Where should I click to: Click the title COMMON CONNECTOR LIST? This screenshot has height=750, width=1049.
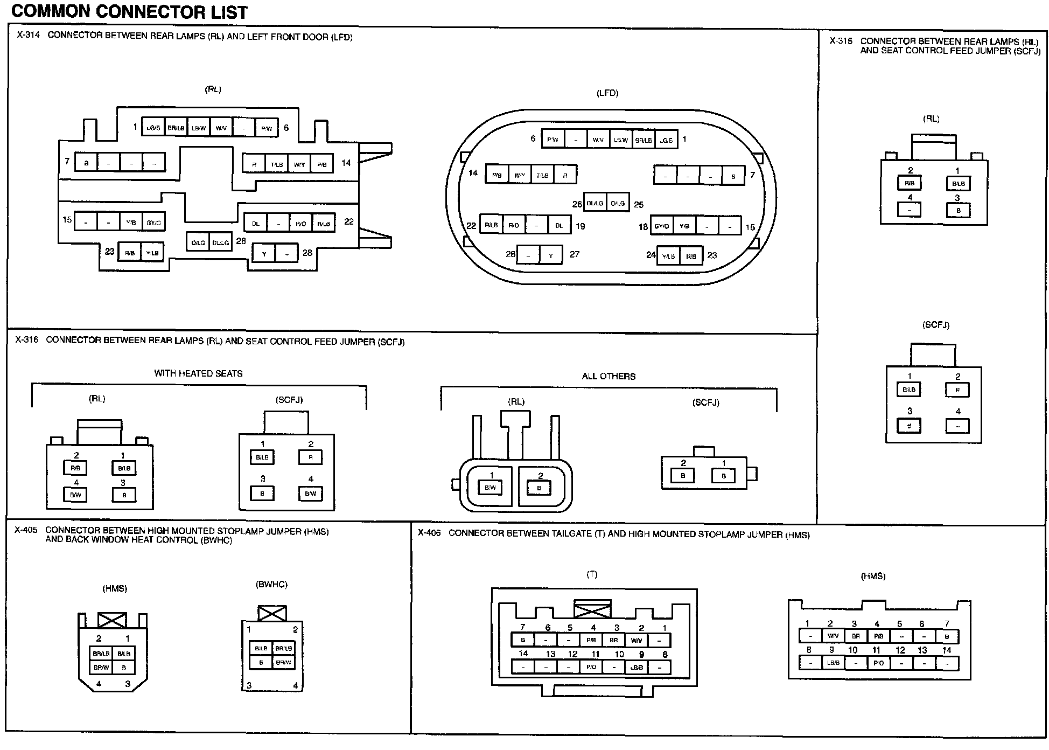coord(129,12)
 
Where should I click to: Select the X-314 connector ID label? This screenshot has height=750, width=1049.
coord(27,36)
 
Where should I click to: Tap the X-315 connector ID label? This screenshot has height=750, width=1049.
coord(841,41)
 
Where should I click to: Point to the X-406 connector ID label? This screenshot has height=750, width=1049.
coord(429,533)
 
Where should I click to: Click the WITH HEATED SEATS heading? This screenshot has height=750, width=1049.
coord(198,373)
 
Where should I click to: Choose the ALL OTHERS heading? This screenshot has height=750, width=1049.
coord(609,377)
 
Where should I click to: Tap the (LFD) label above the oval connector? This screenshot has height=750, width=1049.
coord(607,93)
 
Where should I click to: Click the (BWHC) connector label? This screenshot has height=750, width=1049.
coord(271,585)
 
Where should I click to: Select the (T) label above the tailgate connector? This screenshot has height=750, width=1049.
coord(592,574)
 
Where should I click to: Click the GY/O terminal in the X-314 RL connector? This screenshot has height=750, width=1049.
coord(153,222)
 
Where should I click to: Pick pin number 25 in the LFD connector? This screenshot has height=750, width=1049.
coord(639,205)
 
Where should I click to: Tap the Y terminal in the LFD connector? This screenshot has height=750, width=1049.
coord(551,256)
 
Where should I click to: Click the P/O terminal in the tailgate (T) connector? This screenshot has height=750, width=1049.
coord(591,667)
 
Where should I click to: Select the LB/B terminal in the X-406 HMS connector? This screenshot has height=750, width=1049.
coord(833,663)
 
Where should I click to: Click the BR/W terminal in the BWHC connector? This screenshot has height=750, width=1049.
coord(283,662)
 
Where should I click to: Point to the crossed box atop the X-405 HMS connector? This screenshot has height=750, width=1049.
coord(113,620)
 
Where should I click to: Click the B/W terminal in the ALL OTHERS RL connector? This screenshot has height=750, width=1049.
coord(490,488)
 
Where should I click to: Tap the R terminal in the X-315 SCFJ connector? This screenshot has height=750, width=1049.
coord(957,390)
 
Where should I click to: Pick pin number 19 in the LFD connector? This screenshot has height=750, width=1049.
coord(580,226)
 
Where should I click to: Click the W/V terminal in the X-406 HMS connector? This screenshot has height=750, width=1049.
coord(833,636)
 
